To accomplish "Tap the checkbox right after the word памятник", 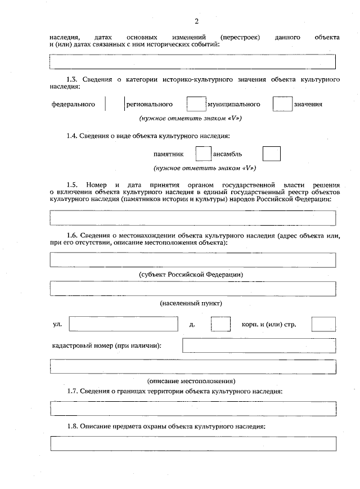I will (203, 154).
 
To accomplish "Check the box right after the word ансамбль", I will (272, 154).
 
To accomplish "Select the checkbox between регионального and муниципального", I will (195, 105).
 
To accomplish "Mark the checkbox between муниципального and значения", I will (281, 105).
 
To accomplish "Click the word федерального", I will (73, 105).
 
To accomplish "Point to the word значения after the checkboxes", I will (308, 105).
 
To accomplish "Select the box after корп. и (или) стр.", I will (323, 325).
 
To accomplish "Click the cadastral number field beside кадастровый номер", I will (259, 345).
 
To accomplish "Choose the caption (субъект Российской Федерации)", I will (191, 274).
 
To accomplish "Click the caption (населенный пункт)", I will (191, 303).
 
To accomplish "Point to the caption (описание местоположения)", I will (191, 381).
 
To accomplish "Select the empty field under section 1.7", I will (193, 408).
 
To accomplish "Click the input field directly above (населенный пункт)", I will (193, 289).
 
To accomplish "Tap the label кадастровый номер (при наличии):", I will (107, 345).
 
